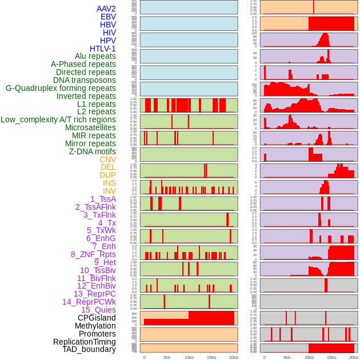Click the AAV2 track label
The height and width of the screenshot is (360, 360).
click(106, 9)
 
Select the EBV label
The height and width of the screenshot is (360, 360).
click(108, 17)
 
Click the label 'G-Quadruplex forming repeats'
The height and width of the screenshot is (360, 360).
click(61, 88)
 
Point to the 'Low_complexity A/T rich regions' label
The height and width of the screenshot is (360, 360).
click(58, 119)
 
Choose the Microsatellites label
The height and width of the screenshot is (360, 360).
click(90, 127)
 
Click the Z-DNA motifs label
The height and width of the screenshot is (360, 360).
click(93, 151)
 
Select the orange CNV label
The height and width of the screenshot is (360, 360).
click(107, 159)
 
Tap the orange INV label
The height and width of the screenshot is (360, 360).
click(109, 191)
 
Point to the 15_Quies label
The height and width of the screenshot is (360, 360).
click(98, 310)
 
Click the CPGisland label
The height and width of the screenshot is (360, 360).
click(97, 318)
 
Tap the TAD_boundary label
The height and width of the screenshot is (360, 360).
click(89, 349)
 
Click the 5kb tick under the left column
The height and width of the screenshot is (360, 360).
click(167, 357)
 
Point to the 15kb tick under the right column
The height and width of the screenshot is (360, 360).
click(331, 357)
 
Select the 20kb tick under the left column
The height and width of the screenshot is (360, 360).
click(234, 357)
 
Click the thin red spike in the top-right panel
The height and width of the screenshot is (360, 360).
click(313, 7)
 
